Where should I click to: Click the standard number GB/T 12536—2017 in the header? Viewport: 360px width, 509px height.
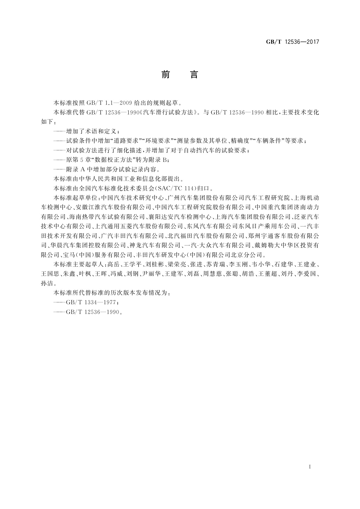pos(292,42)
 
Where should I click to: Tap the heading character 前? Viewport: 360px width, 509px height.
pos(166,74)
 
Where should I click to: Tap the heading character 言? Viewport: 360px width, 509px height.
pos(194,74)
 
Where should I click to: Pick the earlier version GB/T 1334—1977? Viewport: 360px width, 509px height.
pos(91,303)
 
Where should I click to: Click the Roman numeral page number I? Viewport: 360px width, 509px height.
pos(310,467)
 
